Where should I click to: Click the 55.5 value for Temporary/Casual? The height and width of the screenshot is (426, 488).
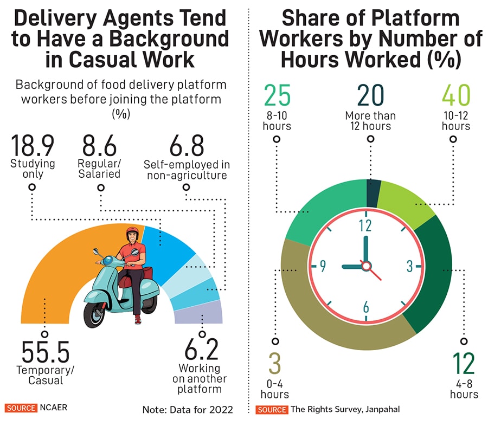46,353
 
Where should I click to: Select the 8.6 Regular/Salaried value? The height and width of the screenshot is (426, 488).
100,146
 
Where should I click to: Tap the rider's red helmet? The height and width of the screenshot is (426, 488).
132,233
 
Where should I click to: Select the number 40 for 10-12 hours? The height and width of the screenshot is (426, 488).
455,96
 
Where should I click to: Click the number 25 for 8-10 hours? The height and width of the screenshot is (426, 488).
277,96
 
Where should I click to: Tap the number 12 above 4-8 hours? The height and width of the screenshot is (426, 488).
464,363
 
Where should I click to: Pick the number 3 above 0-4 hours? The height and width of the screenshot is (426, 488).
274,363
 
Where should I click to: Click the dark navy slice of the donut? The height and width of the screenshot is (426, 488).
374,193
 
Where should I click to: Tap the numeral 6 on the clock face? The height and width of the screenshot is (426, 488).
366,307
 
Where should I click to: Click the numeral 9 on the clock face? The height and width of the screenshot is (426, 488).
323,266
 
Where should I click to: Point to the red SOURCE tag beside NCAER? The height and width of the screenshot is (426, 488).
21,408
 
